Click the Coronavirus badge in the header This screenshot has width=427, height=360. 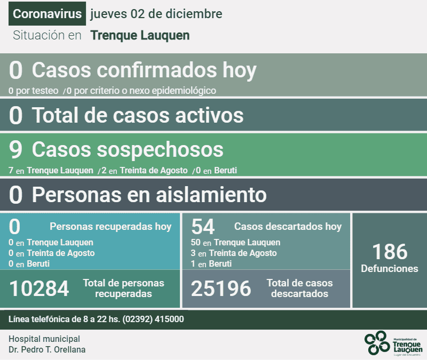47,14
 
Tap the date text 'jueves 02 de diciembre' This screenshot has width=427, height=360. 156,14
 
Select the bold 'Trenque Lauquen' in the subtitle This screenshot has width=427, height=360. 140,36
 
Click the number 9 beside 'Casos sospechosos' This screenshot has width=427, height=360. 16,150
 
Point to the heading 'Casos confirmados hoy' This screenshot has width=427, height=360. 144,70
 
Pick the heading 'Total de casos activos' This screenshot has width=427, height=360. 138,115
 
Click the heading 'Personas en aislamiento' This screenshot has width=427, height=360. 149,195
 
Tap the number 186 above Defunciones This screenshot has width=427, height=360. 390,251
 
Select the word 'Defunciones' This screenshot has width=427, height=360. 390,268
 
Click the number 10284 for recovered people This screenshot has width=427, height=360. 39,289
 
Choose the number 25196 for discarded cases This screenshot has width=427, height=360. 221,289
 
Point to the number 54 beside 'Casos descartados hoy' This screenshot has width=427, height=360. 203,227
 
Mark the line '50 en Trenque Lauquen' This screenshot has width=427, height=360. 235,243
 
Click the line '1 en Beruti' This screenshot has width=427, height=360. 211,264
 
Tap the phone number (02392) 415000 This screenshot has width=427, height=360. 153,319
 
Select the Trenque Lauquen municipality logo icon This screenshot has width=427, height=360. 377,342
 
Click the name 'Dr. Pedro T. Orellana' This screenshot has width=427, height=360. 47,350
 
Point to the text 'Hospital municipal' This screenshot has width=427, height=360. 44,339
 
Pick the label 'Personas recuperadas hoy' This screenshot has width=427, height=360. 110,227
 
